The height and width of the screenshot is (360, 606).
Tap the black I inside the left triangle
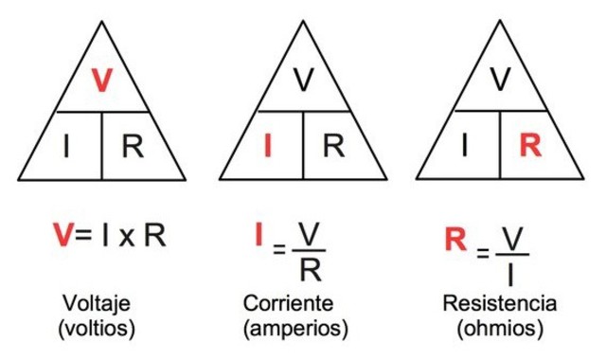pos(65,146)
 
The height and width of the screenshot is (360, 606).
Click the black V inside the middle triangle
pos(303,81)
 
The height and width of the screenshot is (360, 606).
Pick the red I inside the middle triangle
pos(267,146)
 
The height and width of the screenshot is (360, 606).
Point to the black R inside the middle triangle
pos(333,146)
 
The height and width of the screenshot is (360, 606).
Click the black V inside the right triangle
pos(501,81)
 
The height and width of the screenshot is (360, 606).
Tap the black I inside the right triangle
pos(464,146)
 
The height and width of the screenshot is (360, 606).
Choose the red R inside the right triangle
pos(531,146)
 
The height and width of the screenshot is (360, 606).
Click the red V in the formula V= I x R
pos(62,235)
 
